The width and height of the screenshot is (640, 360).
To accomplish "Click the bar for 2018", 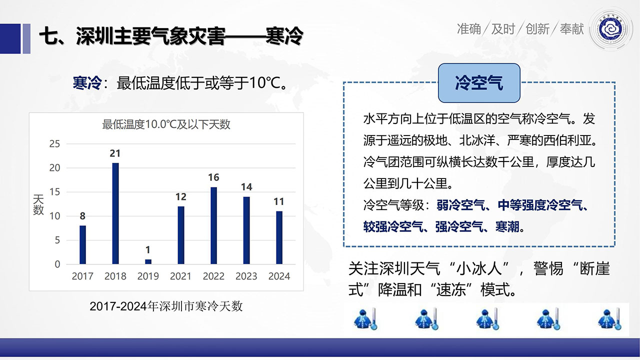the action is click(x=115, y=213).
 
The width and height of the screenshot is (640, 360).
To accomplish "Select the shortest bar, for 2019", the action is click(x=148, y=261).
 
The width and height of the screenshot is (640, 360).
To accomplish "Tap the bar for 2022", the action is click(x=213, y=225).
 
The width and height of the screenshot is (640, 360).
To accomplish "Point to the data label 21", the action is click(x=115, y=153).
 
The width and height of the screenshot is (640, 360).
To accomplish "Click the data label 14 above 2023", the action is click(x=246, y=187).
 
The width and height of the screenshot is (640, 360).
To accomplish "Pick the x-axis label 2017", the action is click(x=82, y=276).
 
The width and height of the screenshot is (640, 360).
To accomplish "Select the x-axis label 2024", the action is click(x=279, y=276).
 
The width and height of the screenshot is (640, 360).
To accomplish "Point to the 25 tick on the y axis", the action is click(x=54, y=143).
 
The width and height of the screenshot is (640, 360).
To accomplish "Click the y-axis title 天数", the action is click(x=38, y=204).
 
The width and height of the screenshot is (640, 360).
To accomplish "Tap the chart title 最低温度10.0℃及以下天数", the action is click(x=166, y=124).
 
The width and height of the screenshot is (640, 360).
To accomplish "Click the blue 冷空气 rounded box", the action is click(x=479, y=83).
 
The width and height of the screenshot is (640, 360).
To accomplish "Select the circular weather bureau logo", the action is click(x=611, y=29).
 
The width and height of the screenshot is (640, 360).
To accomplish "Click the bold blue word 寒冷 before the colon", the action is click(x=87, y=83).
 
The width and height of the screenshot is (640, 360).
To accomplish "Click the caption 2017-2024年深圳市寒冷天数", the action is click(x=166, y=306).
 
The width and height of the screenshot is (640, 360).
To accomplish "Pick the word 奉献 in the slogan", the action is click(x=571, y=29).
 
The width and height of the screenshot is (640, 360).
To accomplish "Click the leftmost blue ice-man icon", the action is click(x=365, y=319).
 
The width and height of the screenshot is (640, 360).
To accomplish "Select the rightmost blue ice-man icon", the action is click(x=609, y=319).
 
